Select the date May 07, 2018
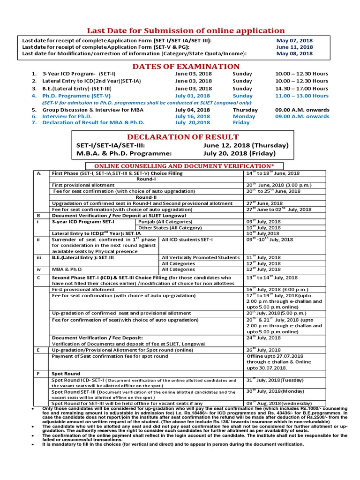[294, 40]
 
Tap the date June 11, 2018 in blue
[294, 47]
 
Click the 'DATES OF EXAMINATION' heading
[186, 67]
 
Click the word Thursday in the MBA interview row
[245, 110]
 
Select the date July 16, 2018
[193, 116]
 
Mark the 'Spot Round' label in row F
[66, 374]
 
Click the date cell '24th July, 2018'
[263, 337]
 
